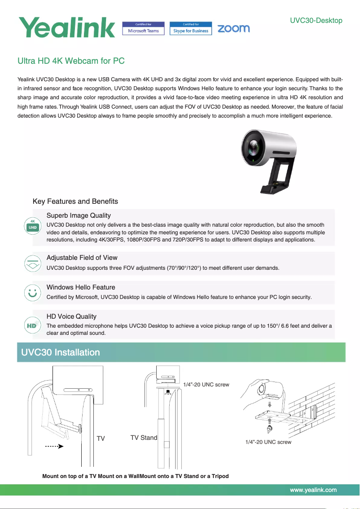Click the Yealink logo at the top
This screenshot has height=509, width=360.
[66, 27]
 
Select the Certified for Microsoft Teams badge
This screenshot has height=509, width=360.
[143, 28]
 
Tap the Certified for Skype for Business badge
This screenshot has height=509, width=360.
[191, 28]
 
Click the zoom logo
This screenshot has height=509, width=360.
[233, 28]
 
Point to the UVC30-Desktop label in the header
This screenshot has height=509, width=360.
[316, 20]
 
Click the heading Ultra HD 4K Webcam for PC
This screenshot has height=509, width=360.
[71, 61]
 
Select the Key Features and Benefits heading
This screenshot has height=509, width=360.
[75, 201]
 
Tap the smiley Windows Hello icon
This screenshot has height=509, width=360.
[32, 292]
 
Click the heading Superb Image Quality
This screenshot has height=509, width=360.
[79, 216]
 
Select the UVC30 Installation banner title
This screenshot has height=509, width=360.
[61, 352]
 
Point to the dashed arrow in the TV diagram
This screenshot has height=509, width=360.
[54, 447]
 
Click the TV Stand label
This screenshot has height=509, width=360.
[144, 438]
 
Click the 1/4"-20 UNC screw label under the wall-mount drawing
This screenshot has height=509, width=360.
[268, 442]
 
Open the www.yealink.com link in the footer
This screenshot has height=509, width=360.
[313, 490]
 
